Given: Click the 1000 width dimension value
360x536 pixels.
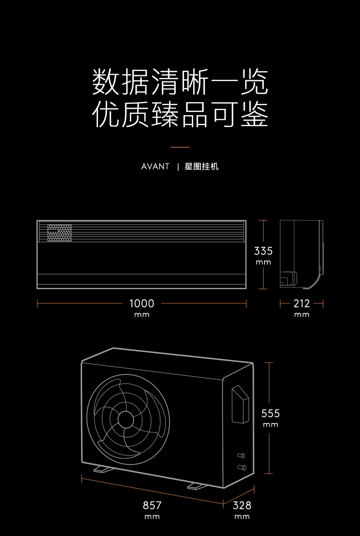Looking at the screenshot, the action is point(142,303).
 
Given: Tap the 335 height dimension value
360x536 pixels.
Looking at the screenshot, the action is point(263,251).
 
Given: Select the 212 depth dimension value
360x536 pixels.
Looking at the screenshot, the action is point(302,303).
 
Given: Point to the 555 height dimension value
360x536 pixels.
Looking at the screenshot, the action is point(270,413).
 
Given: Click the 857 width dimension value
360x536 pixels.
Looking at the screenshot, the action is point(152,505).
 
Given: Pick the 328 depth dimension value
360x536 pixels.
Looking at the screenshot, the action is point(242,505).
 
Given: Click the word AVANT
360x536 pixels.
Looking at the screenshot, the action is point(155,167).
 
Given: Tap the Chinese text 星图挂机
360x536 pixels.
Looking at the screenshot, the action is point(201,167).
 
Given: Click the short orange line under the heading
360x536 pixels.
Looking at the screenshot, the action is point(180,148).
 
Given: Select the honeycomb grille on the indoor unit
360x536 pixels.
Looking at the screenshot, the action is point(59,233).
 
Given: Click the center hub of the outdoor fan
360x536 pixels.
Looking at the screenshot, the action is point(126,419).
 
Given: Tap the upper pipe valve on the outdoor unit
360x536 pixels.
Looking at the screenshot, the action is point(242,455).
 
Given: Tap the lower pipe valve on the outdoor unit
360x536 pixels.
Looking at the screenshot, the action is point(242,467).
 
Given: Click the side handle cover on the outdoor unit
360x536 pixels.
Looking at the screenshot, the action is point(240,404).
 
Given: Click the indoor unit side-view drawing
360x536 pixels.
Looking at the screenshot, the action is point(301,254).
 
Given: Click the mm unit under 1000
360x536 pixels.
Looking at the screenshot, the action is point(142,315).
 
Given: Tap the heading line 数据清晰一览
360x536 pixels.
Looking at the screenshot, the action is point(180,82).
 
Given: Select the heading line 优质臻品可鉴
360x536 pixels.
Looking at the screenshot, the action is point(180,114).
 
